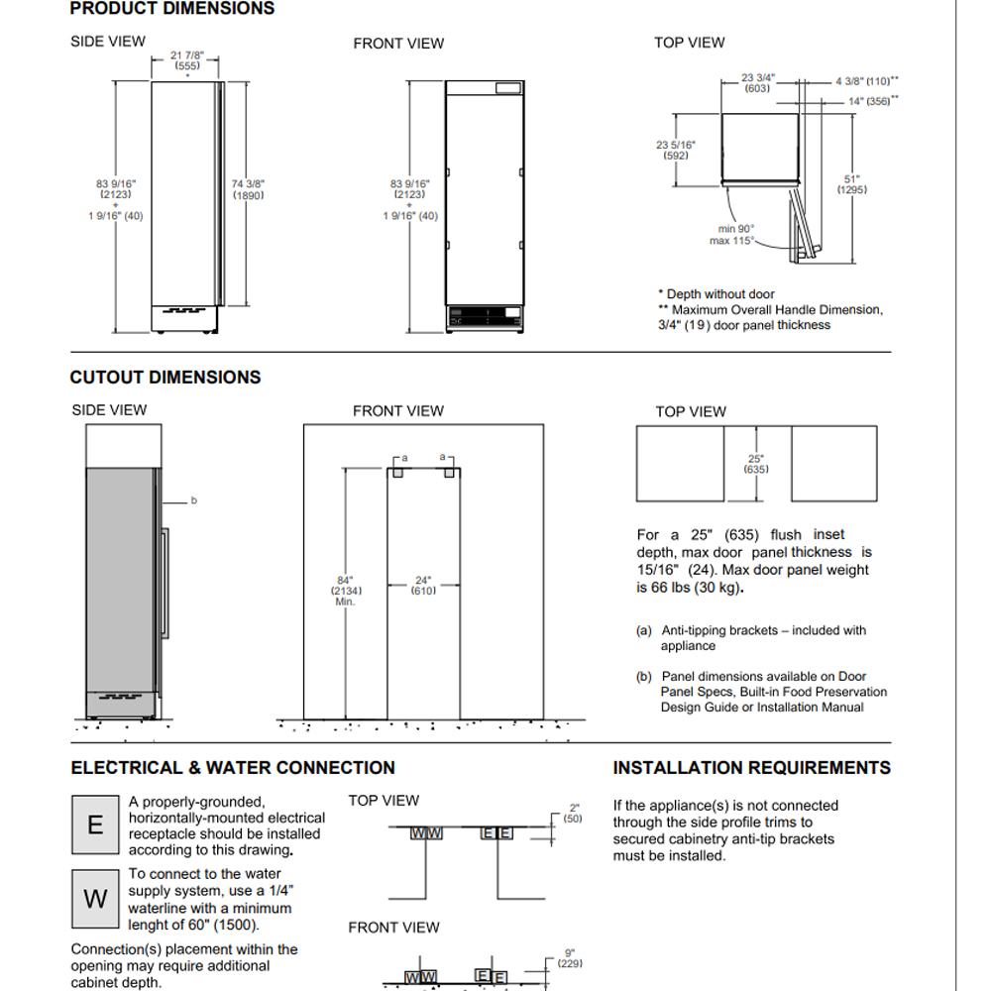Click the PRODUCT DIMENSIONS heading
(171, 9)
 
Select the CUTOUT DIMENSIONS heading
(165, 378)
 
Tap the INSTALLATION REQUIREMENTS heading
(751, 768)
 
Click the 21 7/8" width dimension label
(187, 60)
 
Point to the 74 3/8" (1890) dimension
(249, 190)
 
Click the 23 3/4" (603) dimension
(758, 82)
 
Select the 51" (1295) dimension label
(851, 184)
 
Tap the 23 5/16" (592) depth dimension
(676, 150)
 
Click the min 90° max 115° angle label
(733, 235)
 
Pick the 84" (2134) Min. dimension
(346, 591)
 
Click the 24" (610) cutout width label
(423, 586)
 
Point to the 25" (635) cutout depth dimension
(756, 464)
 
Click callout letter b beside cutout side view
(194, 500)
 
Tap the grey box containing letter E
(95, 825)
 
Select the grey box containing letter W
(95, 899)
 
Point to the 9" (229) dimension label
(570, 957)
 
